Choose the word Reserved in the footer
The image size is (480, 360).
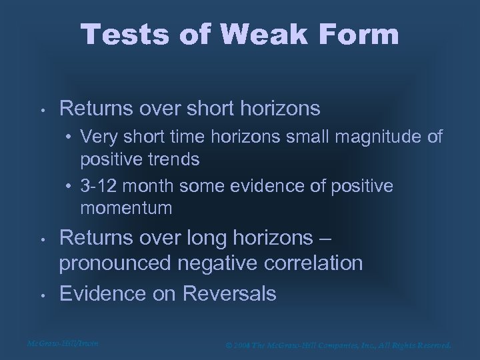430,345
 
